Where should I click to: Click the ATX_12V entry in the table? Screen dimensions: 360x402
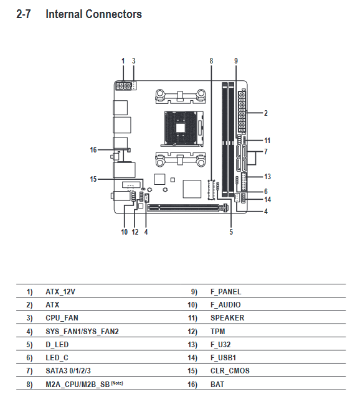click(x=60, y=292)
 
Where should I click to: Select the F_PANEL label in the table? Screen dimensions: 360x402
click(x=226, y=292)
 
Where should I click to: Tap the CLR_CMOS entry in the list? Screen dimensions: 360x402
click(x=230, y=371)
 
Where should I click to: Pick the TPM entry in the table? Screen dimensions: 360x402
click(x=217, y=332)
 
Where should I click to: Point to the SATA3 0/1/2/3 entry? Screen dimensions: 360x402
click(x=68, y=371)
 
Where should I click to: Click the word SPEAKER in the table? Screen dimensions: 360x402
click(x=227, y=318)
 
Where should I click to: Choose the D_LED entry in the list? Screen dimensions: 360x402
click(x=57, y=345)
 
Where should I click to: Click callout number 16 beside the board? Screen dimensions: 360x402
click(x=93, y=150)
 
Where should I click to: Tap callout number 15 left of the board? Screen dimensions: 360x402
click(x=93, y=179)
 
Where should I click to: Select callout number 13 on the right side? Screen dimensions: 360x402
click(x=267, y=177)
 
